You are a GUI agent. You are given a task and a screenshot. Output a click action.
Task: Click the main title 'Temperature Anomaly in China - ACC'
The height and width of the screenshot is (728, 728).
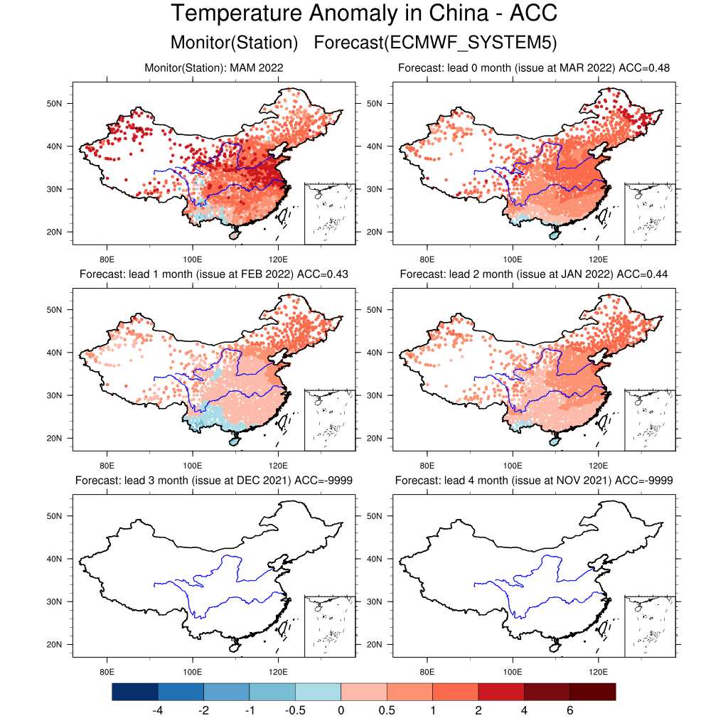(363, 14)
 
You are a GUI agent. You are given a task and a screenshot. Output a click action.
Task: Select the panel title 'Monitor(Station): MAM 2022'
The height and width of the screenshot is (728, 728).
(214, 68)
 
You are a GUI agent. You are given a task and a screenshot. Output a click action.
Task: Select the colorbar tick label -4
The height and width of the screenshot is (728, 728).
(158, 710)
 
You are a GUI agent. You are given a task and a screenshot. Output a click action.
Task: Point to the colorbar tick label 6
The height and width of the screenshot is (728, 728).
(569, 710)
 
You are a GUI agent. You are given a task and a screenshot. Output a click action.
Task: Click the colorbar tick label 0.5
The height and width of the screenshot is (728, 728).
(387, 710)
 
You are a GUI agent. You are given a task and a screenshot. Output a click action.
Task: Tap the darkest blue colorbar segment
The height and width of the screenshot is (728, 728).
(135, 692)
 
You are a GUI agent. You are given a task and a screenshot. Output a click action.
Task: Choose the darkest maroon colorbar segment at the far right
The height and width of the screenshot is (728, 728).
(592, 692)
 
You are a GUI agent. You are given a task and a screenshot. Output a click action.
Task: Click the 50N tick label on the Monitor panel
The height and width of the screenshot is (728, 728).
(55, 104)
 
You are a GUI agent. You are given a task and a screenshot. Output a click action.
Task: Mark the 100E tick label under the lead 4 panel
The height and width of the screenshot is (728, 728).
(513, 670)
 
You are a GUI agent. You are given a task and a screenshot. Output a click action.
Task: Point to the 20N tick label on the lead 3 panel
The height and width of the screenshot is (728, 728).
(55, 645)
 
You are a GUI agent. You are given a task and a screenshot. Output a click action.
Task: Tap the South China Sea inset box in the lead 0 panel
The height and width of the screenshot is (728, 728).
(650, 213)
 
